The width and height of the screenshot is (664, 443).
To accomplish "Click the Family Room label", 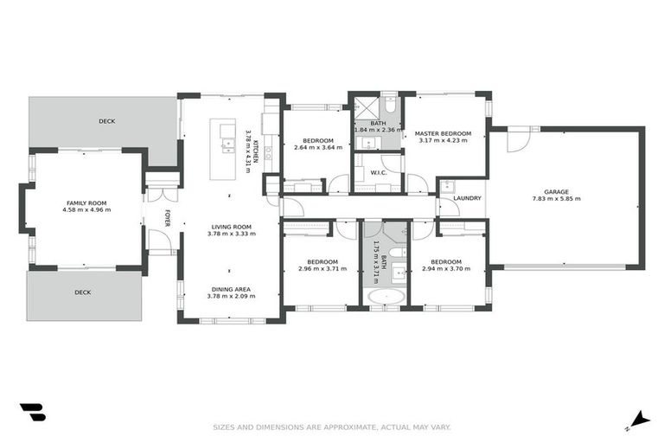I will (88, 202).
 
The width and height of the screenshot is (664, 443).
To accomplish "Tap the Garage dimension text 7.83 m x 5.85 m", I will (556, 199).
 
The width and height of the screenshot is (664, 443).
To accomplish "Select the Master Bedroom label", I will (443, 133).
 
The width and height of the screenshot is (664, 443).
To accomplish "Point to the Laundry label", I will (467, 199).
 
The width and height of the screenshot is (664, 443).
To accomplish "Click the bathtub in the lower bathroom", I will (385, 298).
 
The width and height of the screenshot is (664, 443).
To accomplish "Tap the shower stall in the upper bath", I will (365, 108).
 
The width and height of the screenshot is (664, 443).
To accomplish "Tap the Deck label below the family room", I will (83, 292).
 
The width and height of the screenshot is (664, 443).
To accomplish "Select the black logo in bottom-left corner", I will (32, 413).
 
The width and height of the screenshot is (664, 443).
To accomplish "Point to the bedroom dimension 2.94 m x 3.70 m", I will (445, 268).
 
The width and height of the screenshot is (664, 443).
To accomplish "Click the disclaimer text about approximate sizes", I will (331, 427).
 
